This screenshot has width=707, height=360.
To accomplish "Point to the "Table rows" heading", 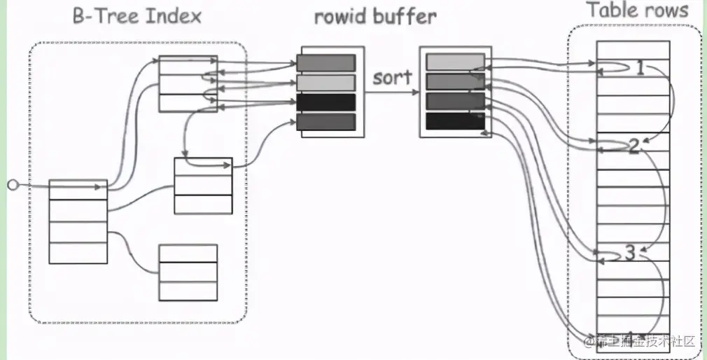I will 637,11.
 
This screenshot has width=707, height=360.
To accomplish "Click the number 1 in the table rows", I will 640,68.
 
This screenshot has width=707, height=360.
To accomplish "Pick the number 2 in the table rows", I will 634,146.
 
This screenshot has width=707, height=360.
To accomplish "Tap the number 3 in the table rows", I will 630,252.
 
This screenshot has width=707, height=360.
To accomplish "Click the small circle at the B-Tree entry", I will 11,185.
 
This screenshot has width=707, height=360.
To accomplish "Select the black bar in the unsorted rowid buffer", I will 325,102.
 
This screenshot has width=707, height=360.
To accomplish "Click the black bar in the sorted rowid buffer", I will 455,121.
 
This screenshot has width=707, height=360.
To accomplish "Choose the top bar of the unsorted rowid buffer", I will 325,63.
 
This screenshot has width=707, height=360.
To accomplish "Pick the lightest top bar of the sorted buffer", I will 455,62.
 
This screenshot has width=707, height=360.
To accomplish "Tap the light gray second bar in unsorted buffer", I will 325,83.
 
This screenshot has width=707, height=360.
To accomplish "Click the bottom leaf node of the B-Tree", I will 188,272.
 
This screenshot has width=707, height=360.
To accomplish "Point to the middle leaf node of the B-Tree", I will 202,186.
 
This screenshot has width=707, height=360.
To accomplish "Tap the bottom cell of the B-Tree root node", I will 78,252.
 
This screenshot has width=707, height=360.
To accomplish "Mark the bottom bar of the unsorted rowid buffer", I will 325,122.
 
